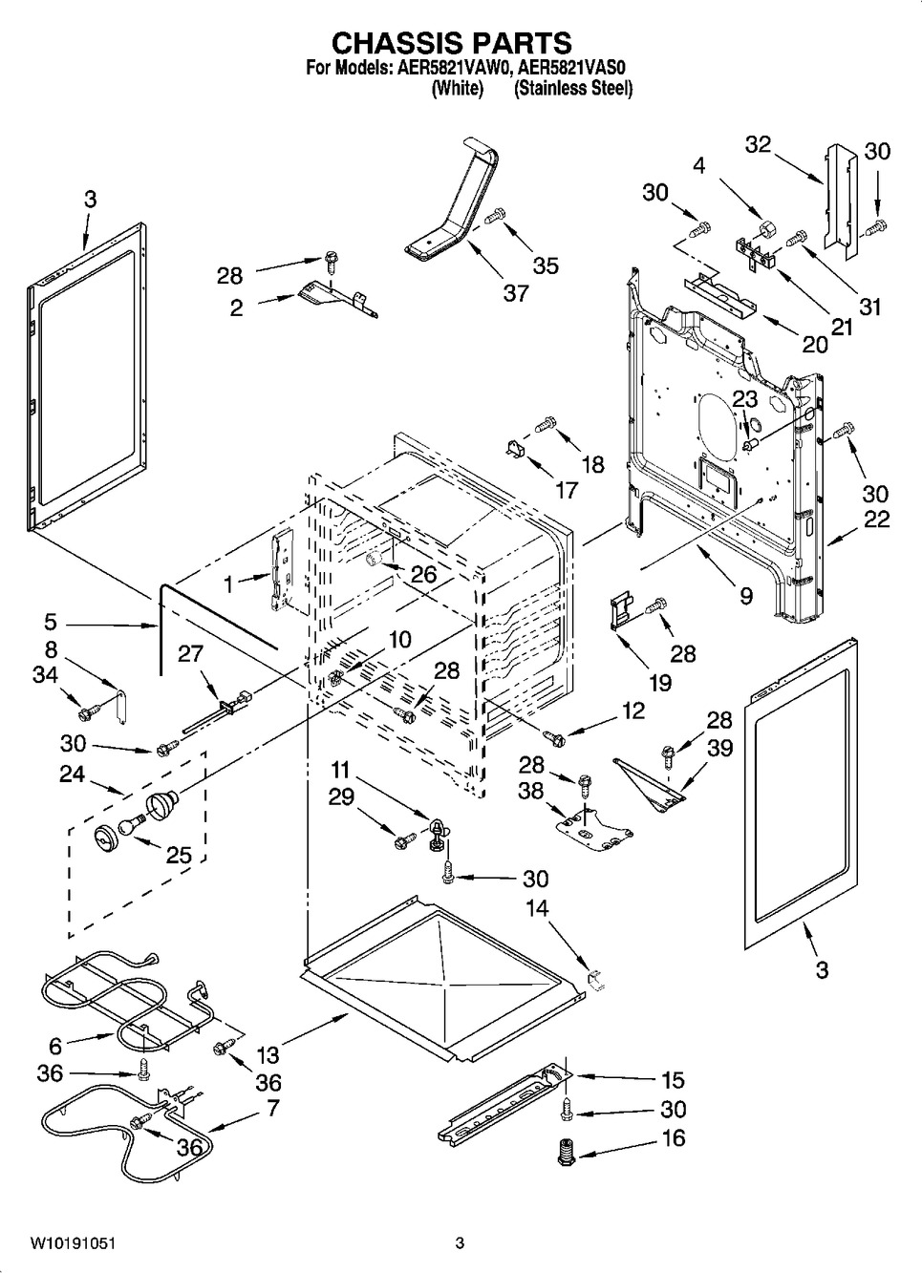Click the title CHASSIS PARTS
pos(451,43)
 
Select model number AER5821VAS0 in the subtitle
pos(572,68)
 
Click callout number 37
pos(516,293)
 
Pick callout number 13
pos(268,1054)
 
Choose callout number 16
pos(674,1138)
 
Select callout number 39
pos(719,748)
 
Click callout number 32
pos(758,144)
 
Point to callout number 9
pos(745,596)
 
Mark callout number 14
pos(537,907)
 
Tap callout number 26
pos(423,574)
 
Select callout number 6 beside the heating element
pos(55,1046)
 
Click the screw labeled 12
pos(553,737)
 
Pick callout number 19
pos(659,682)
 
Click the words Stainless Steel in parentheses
pos(573,89)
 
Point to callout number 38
pos(531,790)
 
